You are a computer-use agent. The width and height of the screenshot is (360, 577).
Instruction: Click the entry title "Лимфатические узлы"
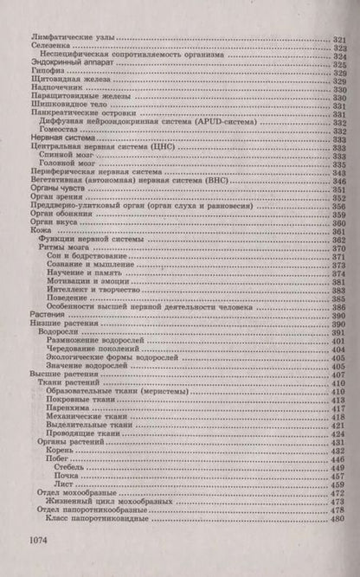[x=74, y=41]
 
